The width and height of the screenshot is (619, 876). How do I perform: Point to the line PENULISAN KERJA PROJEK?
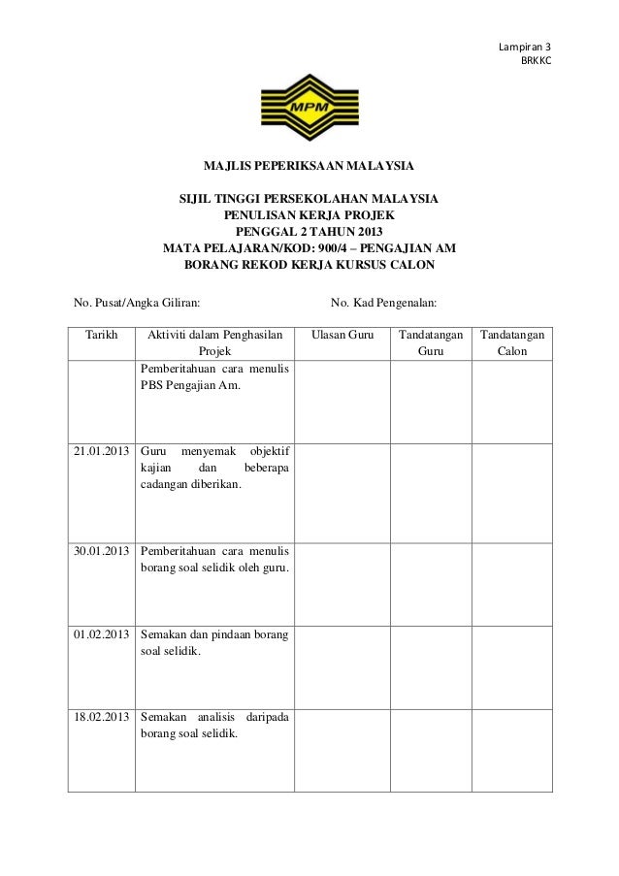tap(309, 216)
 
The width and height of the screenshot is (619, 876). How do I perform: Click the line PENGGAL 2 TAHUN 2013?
tap(309, 233)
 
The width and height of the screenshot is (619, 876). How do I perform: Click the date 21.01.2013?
tap(102, 451)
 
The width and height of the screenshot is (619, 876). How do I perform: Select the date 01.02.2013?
tap(102, 633)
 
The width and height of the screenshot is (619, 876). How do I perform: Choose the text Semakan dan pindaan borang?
tap(214, 633)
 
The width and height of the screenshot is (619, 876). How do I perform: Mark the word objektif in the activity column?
tap(275, 451)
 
